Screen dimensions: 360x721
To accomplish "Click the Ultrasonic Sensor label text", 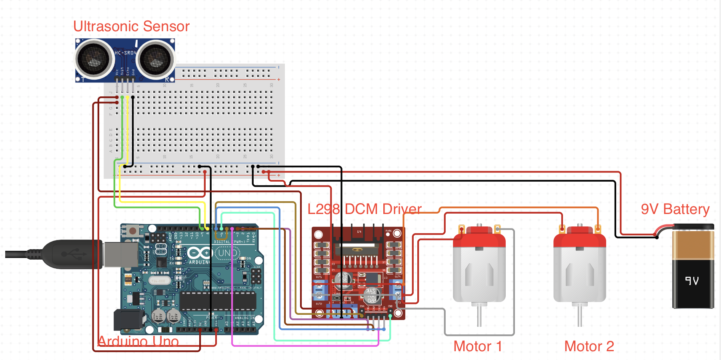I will pos(131,26).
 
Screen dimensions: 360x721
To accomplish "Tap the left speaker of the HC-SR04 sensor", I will pos(94,59).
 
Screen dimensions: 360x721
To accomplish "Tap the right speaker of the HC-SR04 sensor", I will pos(155,59).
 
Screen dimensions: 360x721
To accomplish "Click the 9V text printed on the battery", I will pos(692,281).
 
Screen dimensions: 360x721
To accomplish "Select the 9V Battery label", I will pos(675,209).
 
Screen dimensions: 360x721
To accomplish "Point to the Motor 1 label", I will pos(477,346).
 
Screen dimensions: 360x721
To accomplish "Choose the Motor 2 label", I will pos(589,346).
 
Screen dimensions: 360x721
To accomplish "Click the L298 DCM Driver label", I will pos(364,209).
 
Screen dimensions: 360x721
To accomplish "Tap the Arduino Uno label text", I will pos(138,341).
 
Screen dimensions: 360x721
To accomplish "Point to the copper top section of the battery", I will pos(693,245).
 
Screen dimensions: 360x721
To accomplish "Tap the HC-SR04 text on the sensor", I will pos(125,53).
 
